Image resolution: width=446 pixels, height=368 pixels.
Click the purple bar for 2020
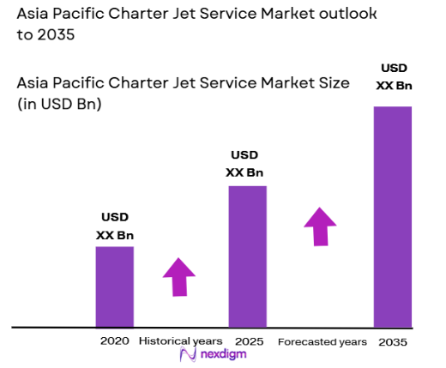tap(114, 287)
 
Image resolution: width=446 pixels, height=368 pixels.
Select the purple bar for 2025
tap(247, 256)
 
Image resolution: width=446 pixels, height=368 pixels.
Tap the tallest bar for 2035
tap(392, 216)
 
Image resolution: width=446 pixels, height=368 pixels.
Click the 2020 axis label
tap(114, 341)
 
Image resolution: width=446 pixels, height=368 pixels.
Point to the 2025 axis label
tap(248, 341)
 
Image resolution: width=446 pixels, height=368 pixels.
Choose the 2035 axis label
tap(393, 341)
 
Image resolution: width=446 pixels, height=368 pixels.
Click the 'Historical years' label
tap(179, 341)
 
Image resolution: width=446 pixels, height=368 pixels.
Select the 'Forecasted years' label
tap(322, 341)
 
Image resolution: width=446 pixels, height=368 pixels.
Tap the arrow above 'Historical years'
tap(179, 276)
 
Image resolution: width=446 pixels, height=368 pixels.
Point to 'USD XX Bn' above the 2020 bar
tap(115, 226)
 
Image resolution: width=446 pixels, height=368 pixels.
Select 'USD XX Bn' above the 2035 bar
tap(392, 75)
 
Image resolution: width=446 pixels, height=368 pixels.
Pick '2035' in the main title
tap(54, 36)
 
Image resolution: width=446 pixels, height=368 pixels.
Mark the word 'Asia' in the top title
tap(35, 15)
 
